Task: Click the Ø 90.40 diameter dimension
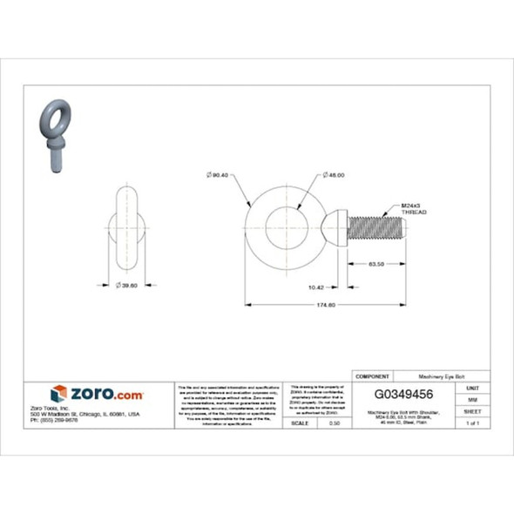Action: tap(217, 175)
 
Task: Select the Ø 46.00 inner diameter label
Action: tap(332, 175)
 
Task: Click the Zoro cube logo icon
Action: tap(59, 394)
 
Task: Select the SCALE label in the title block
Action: tap(299, 423)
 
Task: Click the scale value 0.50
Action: tap(334, 423)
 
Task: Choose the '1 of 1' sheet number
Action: tap(473, 423)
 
